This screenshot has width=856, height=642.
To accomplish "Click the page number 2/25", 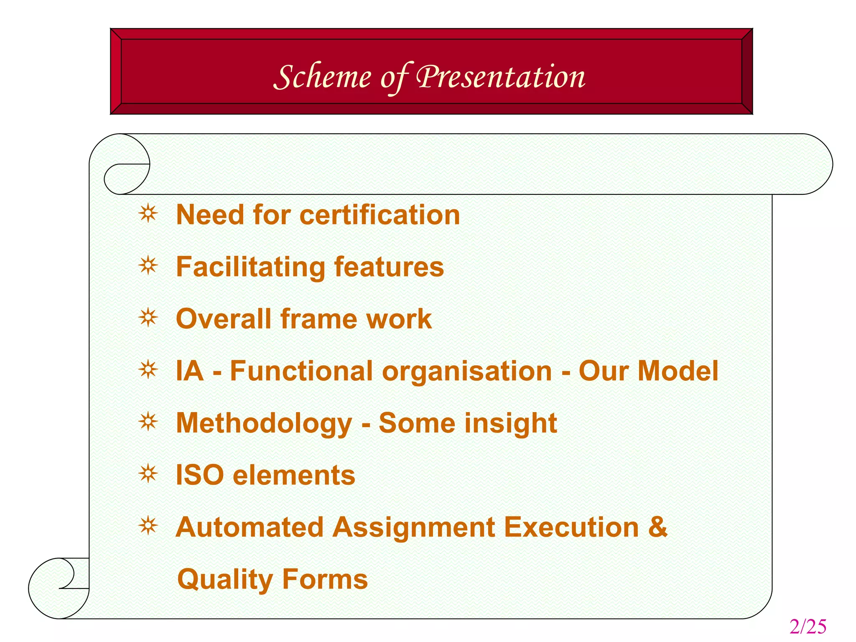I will (x=808, y=627).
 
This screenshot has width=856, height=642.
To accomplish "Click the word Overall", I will (x=224, y=319).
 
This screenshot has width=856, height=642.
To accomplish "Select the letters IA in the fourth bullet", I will (x=190, y=371).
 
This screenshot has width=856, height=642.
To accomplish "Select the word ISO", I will (x=199, y=475).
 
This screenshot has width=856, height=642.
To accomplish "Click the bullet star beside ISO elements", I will (x=148, y=474).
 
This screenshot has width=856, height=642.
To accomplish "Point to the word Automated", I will (x=250, y=527).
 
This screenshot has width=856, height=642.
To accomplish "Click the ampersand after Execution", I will (x=657, y=527).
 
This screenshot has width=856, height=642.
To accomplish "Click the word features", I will (x=389, y=267).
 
